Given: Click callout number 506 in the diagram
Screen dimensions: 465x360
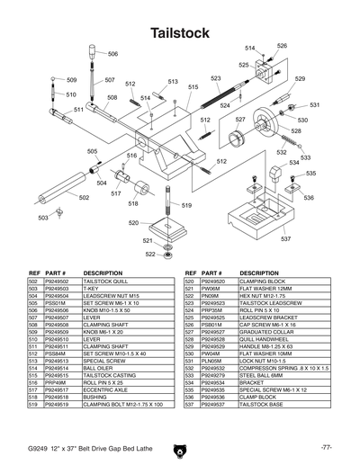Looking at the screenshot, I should [x=112, y=54].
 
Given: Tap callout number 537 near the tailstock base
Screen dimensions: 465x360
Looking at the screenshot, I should [x=285, y=239].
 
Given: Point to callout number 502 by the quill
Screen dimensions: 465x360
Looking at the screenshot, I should [x=83, y=198].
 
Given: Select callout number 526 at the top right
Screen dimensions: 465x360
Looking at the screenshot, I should [x=282, y=46].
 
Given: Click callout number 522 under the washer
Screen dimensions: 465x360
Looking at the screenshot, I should [x=151, y=254].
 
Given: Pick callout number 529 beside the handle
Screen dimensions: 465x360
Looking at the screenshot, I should [x=301, y=79].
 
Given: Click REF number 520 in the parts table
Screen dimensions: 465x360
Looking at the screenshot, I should [x=190, y=282].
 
